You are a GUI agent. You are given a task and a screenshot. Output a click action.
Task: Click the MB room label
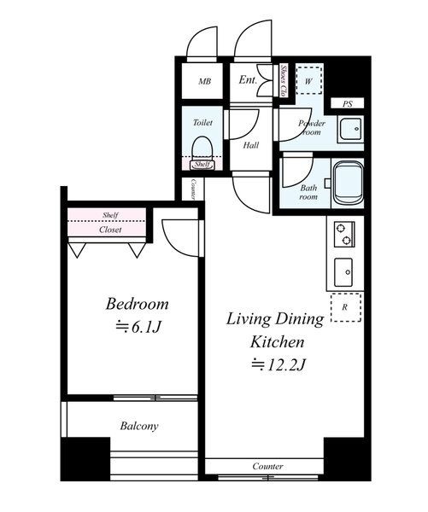point(205,81)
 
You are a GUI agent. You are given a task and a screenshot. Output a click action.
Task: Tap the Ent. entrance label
point(248,79)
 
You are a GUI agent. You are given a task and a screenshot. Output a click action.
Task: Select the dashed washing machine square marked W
point(309,80)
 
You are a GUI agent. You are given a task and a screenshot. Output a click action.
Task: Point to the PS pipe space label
point(348,104)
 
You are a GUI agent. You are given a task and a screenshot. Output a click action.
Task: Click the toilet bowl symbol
point(202,148)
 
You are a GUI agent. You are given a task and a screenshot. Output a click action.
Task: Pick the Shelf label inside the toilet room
point(202,164)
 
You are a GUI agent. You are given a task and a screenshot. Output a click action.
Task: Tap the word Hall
point(251,145)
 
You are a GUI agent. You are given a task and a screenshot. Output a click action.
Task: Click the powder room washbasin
point(350,130)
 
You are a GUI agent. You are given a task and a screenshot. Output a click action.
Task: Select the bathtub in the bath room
point(349,183)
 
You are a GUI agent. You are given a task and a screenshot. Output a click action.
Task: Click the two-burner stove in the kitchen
point(344,234)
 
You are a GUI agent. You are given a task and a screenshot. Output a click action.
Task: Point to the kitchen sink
point(343,272)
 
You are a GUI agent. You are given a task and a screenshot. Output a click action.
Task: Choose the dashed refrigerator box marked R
point(346,307)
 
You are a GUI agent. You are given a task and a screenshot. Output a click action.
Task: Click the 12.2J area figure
point(278,364)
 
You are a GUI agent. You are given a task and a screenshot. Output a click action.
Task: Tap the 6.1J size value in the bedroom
point(138,327)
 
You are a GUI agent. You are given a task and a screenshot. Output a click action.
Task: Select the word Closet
point(110,230)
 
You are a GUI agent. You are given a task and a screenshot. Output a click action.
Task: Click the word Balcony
point(139,426)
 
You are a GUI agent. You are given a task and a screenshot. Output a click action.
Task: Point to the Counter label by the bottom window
point(267,466)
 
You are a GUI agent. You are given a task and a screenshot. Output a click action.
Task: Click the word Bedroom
point(137,304)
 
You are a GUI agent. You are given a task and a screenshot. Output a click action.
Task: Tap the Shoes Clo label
point(284,81)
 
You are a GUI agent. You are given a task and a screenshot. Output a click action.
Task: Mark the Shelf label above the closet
point(110,215)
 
